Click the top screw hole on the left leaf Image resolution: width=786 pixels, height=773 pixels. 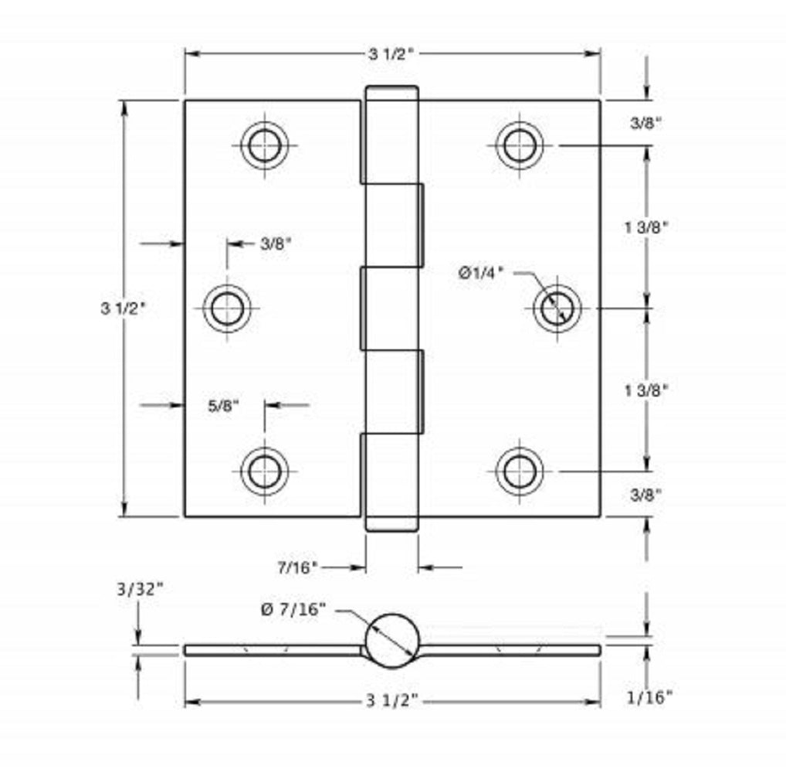pyautogui.click(x=264, y=145)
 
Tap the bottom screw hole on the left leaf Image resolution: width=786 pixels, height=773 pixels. pyautogui.click(x=264, y=472)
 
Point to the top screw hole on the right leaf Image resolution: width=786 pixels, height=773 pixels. pyautogui.click(x=519, y=145)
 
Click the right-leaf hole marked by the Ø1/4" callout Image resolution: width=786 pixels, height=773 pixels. pyautogui.click(x=556, y=308)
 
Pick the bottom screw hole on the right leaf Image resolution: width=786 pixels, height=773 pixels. pyautogui.click(x=519, y=472)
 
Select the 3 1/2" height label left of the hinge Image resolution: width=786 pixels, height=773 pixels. pyautogui.click(x=123, y=308)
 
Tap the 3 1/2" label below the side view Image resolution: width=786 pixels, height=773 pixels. pyautogui.click(x=392, y=701)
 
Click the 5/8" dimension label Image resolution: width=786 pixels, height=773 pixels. pyautogui.click(x=224, y=404)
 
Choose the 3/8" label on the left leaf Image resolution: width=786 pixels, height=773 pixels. pyautogui.click(x=276, y=243)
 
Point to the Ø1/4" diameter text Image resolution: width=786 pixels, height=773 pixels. pyautogui.click(x=480, y=271)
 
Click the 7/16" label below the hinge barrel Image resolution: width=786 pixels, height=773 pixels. pyautogui.click(x=297, y=567)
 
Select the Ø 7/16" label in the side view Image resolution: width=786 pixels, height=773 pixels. pyautogui.click(x=293, y=609)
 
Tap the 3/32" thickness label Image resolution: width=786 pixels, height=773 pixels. pyautogui.click(x=140, y=589)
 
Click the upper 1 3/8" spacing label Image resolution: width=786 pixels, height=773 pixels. pyautogui.click(x=645, y=226)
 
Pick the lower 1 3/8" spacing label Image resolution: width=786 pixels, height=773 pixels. pyautogui.click(x=645, y=390)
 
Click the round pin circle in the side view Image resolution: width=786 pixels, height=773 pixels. pyautogui.click(x=392, y=641)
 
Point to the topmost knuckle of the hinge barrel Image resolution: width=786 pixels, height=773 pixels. pyautogui.click(x=391, y=135)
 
